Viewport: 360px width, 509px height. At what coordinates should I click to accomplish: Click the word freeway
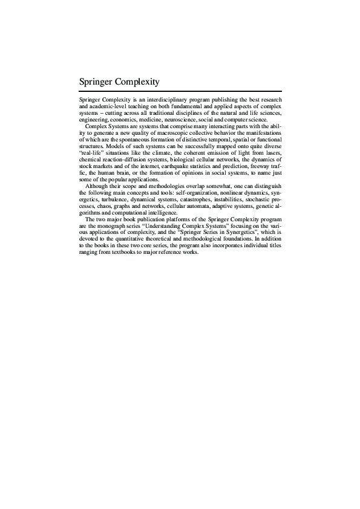[261, 165]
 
